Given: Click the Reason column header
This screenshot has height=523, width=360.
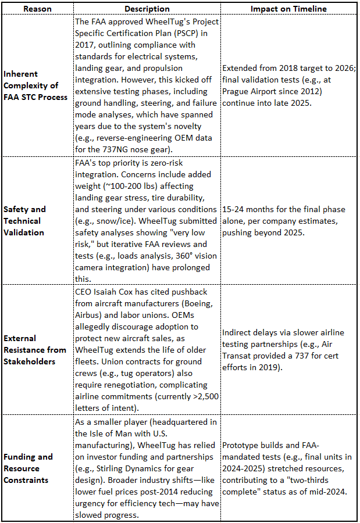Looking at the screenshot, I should click(37, 9).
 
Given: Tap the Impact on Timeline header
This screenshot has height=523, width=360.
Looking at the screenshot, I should click(288, 9).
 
